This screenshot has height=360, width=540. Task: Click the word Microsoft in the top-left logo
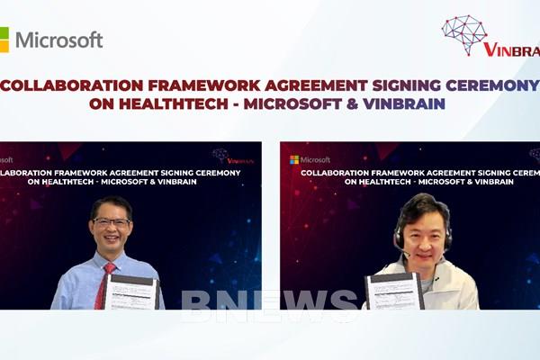[x=59, y=40]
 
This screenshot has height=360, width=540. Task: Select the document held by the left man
[x=131, y=293]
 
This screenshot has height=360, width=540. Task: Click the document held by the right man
[x=392, y=292]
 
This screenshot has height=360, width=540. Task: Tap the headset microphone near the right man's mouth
[x=408, y=254]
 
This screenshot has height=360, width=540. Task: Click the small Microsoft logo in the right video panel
[x=309, y=159]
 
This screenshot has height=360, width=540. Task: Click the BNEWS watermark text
[x=270, y=305]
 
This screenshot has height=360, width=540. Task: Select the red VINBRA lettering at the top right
[x=512, y=49]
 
